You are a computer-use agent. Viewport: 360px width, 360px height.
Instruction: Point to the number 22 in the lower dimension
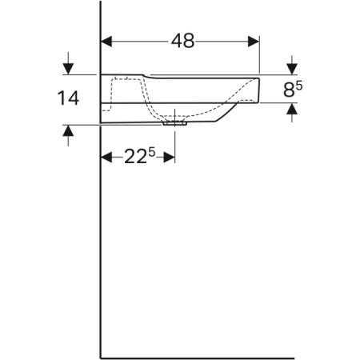(x=134, y=158)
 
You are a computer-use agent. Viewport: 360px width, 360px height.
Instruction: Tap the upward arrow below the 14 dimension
(x=69, y=132)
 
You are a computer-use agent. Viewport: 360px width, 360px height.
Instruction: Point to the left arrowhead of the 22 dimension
(x=106, y=158)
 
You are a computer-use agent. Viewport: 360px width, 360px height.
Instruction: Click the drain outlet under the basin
(x=174, y=123)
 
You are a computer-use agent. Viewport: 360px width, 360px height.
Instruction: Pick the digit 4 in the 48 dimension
(x=175, y=41)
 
